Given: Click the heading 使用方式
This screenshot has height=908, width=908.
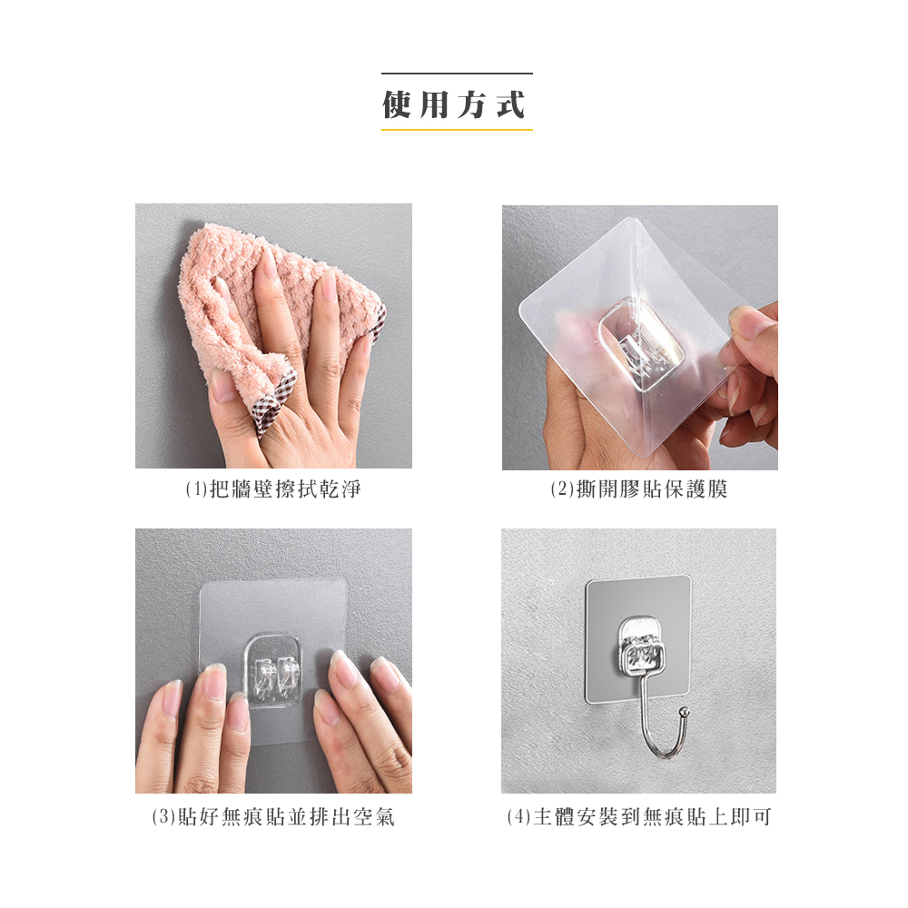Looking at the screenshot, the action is point(455,104).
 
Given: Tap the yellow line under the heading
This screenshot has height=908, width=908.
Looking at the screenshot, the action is point(457,130).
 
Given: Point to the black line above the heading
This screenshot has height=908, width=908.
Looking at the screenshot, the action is point(457,74).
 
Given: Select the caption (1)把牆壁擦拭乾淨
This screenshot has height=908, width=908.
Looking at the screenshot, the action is point(273,489).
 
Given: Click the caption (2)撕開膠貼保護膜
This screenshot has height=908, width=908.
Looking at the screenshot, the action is point(639,489).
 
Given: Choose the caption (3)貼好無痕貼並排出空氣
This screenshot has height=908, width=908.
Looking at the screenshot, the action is point(273,817).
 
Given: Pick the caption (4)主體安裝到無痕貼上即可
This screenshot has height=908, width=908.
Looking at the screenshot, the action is point(639,817).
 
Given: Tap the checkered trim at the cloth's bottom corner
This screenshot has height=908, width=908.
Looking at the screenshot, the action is point(272,400).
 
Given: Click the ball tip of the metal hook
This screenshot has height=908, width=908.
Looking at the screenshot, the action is point(684,712).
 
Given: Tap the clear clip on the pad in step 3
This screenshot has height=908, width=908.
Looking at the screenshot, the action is point(274,671).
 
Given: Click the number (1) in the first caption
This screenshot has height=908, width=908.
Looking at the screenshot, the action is point(196,489).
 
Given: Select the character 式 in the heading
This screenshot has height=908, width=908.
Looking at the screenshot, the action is point(511,104).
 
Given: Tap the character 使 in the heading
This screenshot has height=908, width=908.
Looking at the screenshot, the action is point(398,104).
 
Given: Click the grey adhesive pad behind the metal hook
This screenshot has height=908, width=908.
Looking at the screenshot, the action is point(638,639).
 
